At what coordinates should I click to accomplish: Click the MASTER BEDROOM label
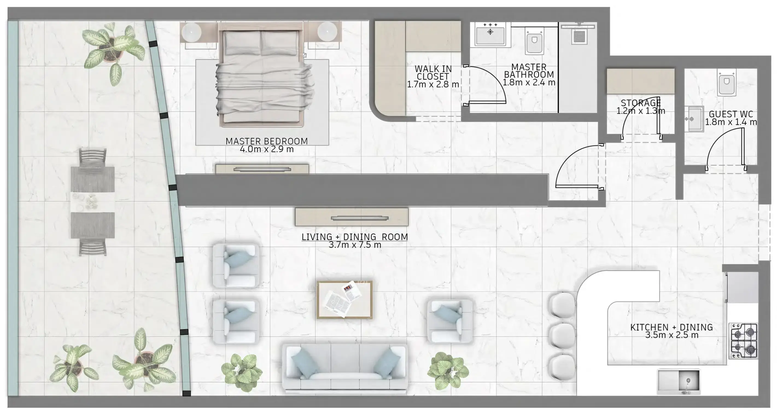[x=266, y=141]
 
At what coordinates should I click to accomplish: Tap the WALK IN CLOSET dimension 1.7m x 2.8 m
[x=433, y=85]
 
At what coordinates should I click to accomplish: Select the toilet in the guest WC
[x=726, y=83]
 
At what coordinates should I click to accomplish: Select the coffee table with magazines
[x=344, y=300]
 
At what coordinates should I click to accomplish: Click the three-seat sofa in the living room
[x=345, y=368]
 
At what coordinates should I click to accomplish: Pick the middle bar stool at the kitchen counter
[x=562, y=336]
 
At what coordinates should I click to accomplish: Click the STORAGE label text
[x=641, y=103]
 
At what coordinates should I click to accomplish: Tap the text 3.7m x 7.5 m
[x=355, y=245]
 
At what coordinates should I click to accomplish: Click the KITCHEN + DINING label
[x=671, y=327]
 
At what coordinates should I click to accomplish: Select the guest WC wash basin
[x=694, y=119]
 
